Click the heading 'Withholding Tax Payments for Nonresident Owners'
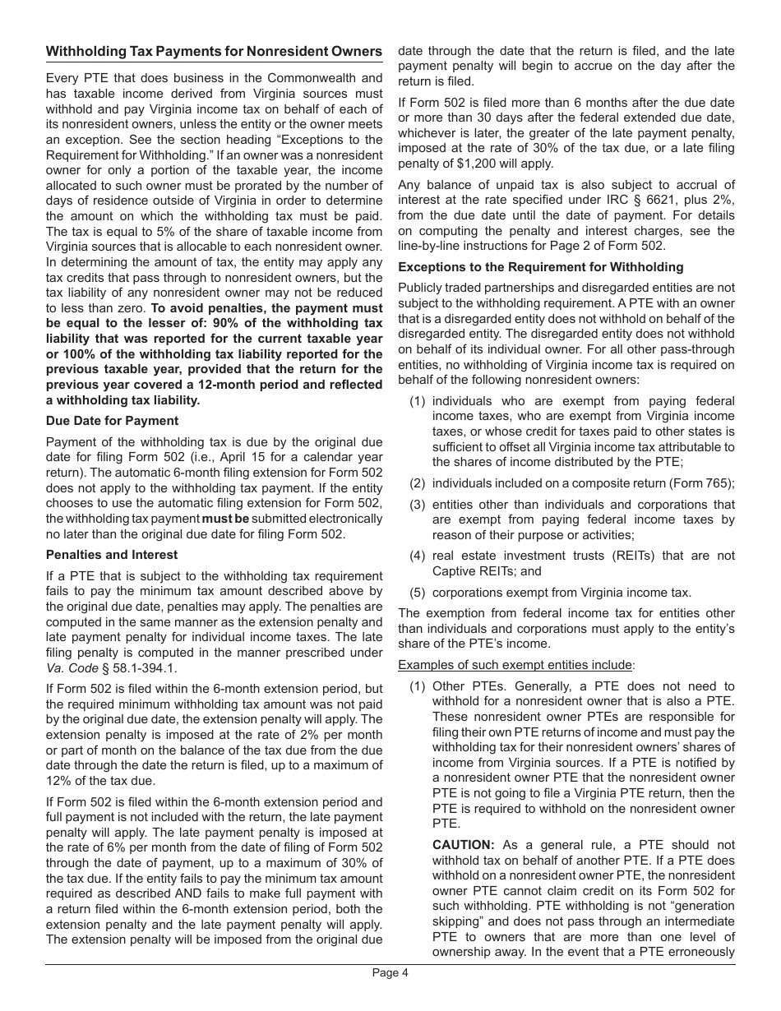tap(214, 52)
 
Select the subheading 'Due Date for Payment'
tap(112, 421)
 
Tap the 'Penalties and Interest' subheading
tap(112, 555)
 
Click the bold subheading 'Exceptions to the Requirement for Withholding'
tap(540, 267)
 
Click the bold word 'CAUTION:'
tap(464, 844)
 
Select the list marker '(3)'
tap(418, 505)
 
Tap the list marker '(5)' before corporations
tap(418, 593)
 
